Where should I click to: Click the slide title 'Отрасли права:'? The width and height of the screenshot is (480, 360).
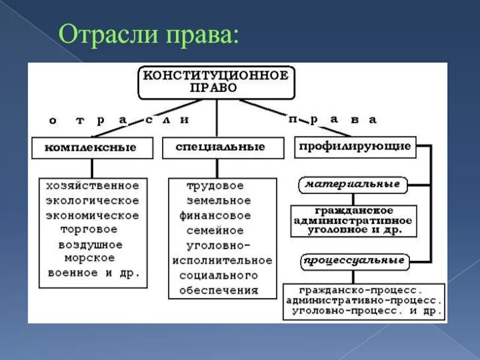(x=148, y=35)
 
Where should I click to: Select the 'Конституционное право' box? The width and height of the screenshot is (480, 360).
(x=216, y=82)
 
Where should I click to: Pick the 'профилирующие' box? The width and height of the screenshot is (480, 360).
(x=355, y=146)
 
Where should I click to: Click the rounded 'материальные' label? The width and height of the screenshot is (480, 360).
(x=352, y=184)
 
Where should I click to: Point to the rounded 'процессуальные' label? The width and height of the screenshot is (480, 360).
(x=353, y=261)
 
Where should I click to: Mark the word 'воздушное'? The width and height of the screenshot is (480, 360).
(x=91, y=244)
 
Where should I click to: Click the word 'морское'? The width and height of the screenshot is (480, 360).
(x=89, y=257)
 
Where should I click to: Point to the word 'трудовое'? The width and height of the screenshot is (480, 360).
(x=215, y=185)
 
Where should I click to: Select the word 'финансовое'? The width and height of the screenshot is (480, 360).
(x=215, y=215)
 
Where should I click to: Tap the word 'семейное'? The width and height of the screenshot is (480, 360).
(x=215, y=230)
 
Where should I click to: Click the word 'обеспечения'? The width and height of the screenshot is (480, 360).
(x=218, y=290)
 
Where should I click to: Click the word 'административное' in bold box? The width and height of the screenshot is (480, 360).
(x=352, y=220)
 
